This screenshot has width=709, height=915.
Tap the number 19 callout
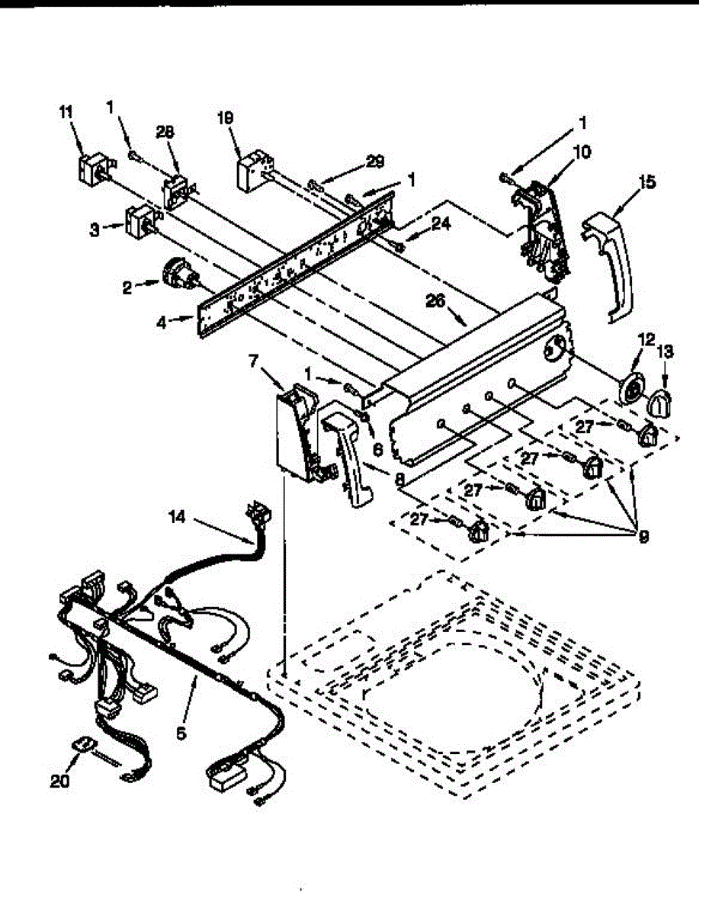225,118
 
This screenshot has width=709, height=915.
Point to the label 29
374,161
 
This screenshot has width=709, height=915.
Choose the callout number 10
582,152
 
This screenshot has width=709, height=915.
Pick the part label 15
647,182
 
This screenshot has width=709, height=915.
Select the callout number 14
177,516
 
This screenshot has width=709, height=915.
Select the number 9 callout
643,537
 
